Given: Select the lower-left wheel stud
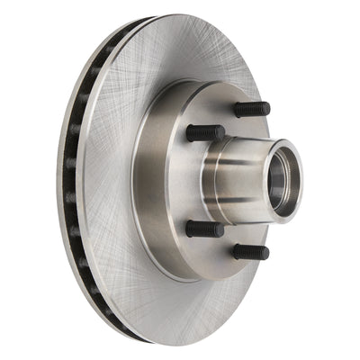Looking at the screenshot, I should point(204,228).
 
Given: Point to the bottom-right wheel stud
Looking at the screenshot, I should point(250,252).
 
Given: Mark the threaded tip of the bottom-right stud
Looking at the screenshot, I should point(264,253).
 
